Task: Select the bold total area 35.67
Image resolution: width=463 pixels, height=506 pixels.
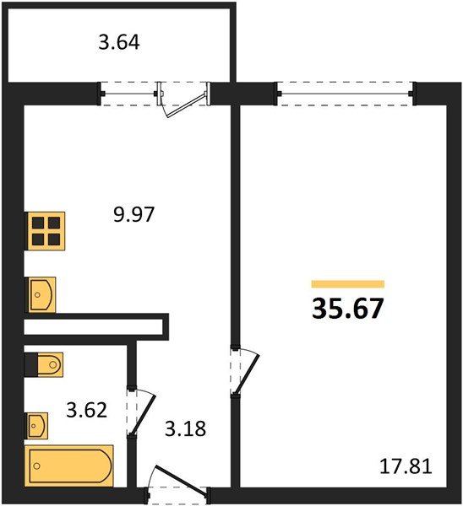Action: [x=348, y=308]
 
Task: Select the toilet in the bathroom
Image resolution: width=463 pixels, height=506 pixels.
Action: [x=43, y=366]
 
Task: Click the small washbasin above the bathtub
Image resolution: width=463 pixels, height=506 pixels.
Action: [x=37, y=424]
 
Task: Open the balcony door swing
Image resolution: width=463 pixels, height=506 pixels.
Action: [x=185, y=100]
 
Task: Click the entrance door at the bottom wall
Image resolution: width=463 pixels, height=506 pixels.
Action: [x=176, y=482]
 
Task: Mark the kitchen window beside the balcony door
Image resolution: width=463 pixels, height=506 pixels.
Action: [x=128, y=92]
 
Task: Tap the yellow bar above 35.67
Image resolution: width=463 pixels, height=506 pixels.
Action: [x=347, y=284]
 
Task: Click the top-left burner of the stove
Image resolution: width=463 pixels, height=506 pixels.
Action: [x=39, y=223]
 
